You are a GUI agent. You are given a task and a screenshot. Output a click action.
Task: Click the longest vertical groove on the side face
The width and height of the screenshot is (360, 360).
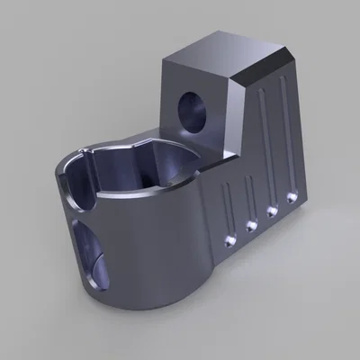286,135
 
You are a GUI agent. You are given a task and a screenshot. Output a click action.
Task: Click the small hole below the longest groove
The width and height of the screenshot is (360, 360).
292,193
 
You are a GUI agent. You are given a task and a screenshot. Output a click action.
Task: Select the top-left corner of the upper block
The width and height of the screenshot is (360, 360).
164,65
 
